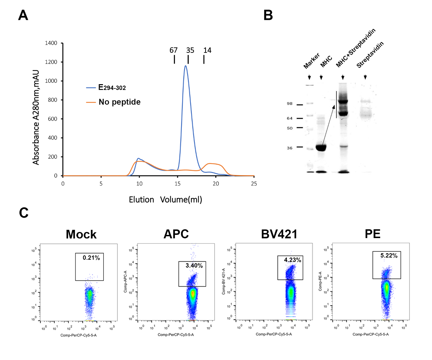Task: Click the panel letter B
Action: coord(269,15)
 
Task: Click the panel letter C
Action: coord(24,213)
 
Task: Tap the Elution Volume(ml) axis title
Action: coord(165,200)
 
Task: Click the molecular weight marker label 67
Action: coord(174,50)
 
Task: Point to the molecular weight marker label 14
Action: coord(207,50)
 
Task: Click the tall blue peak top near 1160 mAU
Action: coord(185,66)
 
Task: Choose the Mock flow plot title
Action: coord(81,234)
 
